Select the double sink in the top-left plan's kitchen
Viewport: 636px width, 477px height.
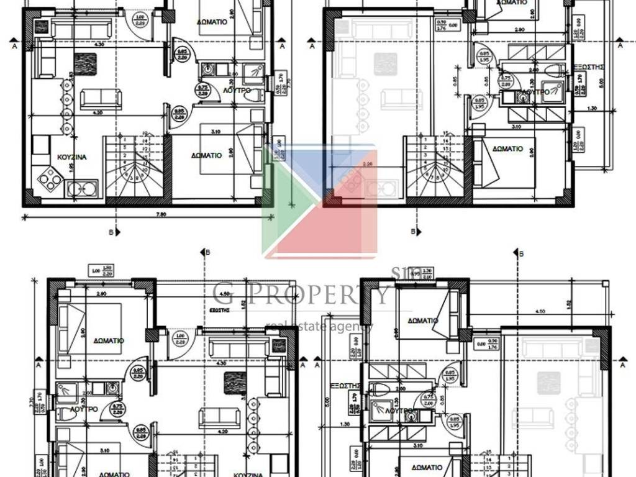[82, 188]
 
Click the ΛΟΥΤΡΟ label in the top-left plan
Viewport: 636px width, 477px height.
[236, 90]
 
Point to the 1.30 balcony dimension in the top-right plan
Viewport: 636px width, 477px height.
[591, 109]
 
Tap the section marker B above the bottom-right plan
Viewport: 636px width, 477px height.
[520, 253]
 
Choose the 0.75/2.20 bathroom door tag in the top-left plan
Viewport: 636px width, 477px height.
[202, 89]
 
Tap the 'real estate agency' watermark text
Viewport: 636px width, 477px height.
[319, 325]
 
